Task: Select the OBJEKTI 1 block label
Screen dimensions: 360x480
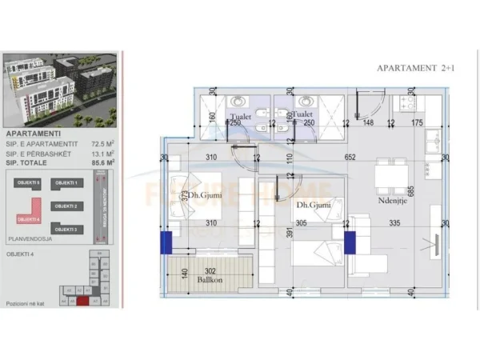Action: point(66,183)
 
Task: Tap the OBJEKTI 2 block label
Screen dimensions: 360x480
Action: point(66,206)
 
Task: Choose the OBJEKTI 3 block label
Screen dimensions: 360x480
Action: point(66,229)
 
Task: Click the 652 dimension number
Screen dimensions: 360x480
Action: point(350,158)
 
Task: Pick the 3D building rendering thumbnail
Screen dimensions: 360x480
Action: point(60,88)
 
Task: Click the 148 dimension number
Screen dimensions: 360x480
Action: point(369,122)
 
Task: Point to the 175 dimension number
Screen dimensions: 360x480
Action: point(417,122)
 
